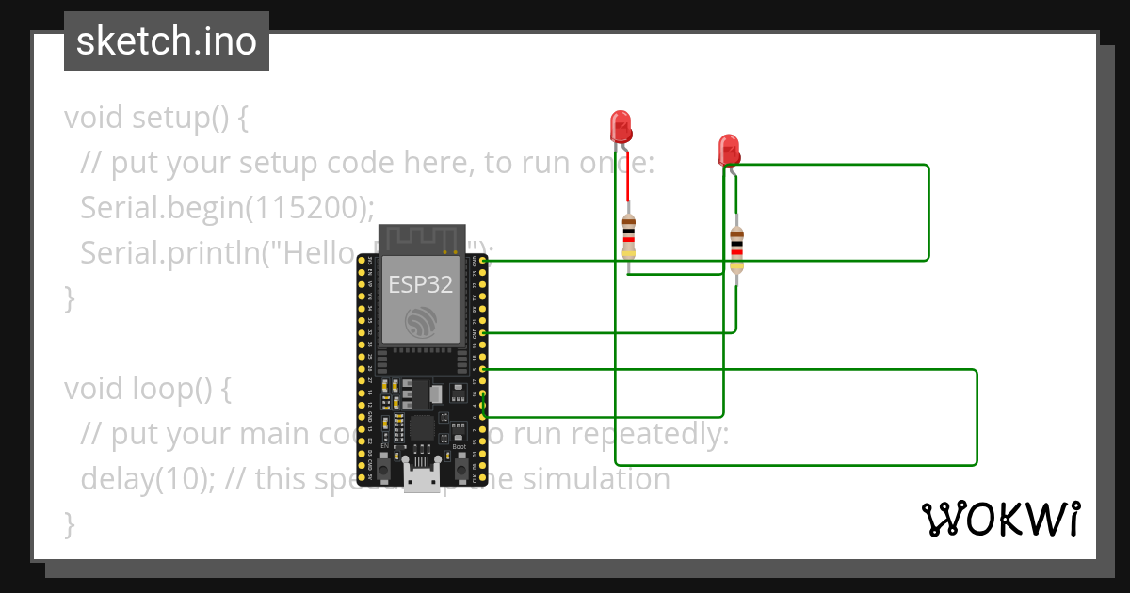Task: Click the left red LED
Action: tap(620, 125)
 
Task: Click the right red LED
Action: tap(728, 149)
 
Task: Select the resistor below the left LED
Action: tap(629, 236)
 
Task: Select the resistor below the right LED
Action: tap(736, 249)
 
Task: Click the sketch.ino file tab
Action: tap(167, 41)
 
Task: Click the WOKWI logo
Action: tap(1000, 519)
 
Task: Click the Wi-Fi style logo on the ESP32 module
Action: tap(421, 322)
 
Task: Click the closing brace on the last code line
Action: tap(69, 522)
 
